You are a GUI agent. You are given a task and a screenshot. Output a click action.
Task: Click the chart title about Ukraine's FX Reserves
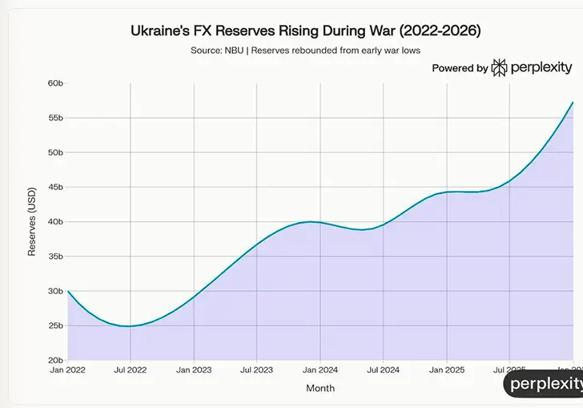point(306,31)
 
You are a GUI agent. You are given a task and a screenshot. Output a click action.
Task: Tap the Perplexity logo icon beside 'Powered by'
point(499,68)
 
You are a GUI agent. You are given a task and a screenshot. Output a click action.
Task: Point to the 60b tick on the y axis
point(55,83)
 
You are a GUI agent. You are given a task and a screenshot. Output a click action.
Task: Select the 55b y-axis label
point(55,118)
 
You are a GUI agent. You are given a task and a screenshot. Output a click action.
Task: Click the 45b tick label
point(55,188)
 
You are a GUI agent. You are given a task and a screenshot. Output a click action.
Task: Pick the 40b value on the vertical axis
point(55,222)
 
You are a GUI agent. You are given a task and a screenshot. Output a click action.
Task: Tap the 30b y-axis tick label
point(55,291)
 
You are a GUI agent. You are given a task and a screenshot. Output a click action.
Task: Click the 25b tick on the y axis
point(55,325)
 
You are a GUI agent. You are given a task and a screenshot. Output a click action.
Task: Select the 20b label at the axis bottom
point(55,361)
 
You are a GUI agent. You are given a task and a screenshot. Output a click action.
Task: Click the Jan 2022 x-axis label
point(67,370)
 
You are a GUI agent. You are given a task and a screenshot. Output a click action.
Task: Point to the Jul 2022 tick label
point(131,370)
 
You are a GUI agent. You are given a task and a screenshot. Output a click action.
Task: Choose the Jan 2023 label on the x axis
point(194,370)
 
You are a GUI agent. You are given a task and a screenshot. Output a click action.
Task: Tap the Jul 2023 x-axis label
point(256,370)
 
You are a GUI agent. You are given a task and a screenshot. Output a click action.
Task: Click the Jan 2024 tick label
point(320,370)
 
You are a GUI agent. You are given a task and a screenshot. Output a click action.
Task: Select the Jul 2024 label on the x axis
point(383,370)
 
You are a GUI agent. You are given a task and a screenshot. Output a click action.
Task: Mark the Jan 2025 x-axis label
point(447,370)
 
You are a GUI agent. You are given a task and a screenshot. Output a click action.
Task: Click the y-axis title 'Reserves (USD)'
point(33,222)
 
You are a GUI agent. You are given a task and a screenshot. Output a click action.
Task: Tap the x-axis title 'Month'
point(320,389)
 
